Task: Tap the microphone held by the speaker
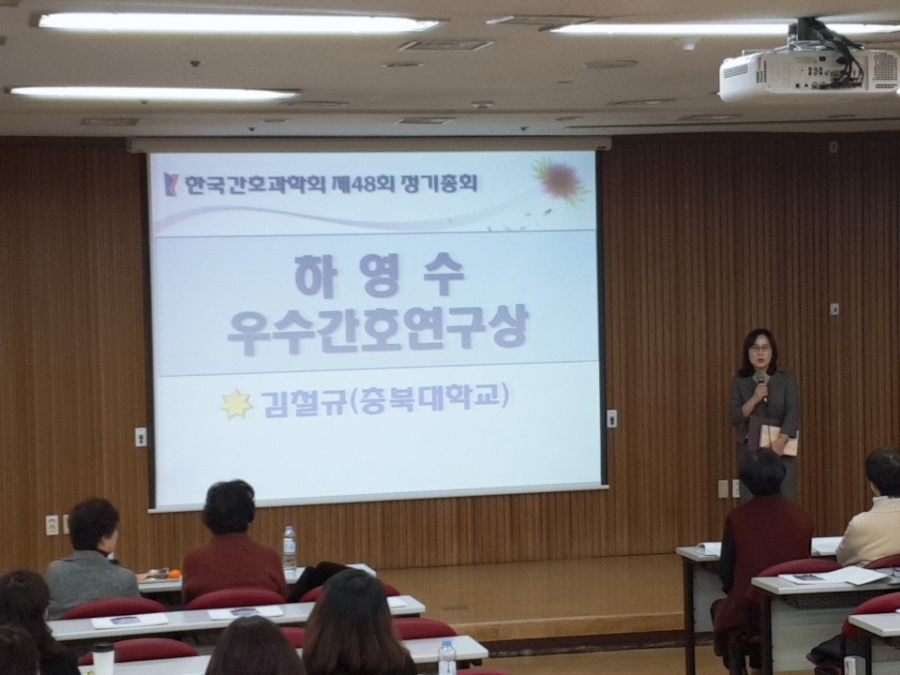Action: [x=761, y=385]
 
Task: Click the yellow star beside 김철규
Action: [x=237, y=404]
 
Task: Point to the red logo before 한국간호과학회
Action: [x=170, y=184]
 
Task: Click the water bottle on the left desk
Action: [x=290, y=550]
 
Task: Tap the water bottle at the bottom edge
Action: [x=447, y=658]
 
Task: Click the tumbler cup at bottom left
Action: [x=103, y=658]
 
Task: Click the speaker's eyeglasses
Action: [x=759, y=349]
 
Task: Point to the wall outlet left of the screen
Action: [x=52, y=525]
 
